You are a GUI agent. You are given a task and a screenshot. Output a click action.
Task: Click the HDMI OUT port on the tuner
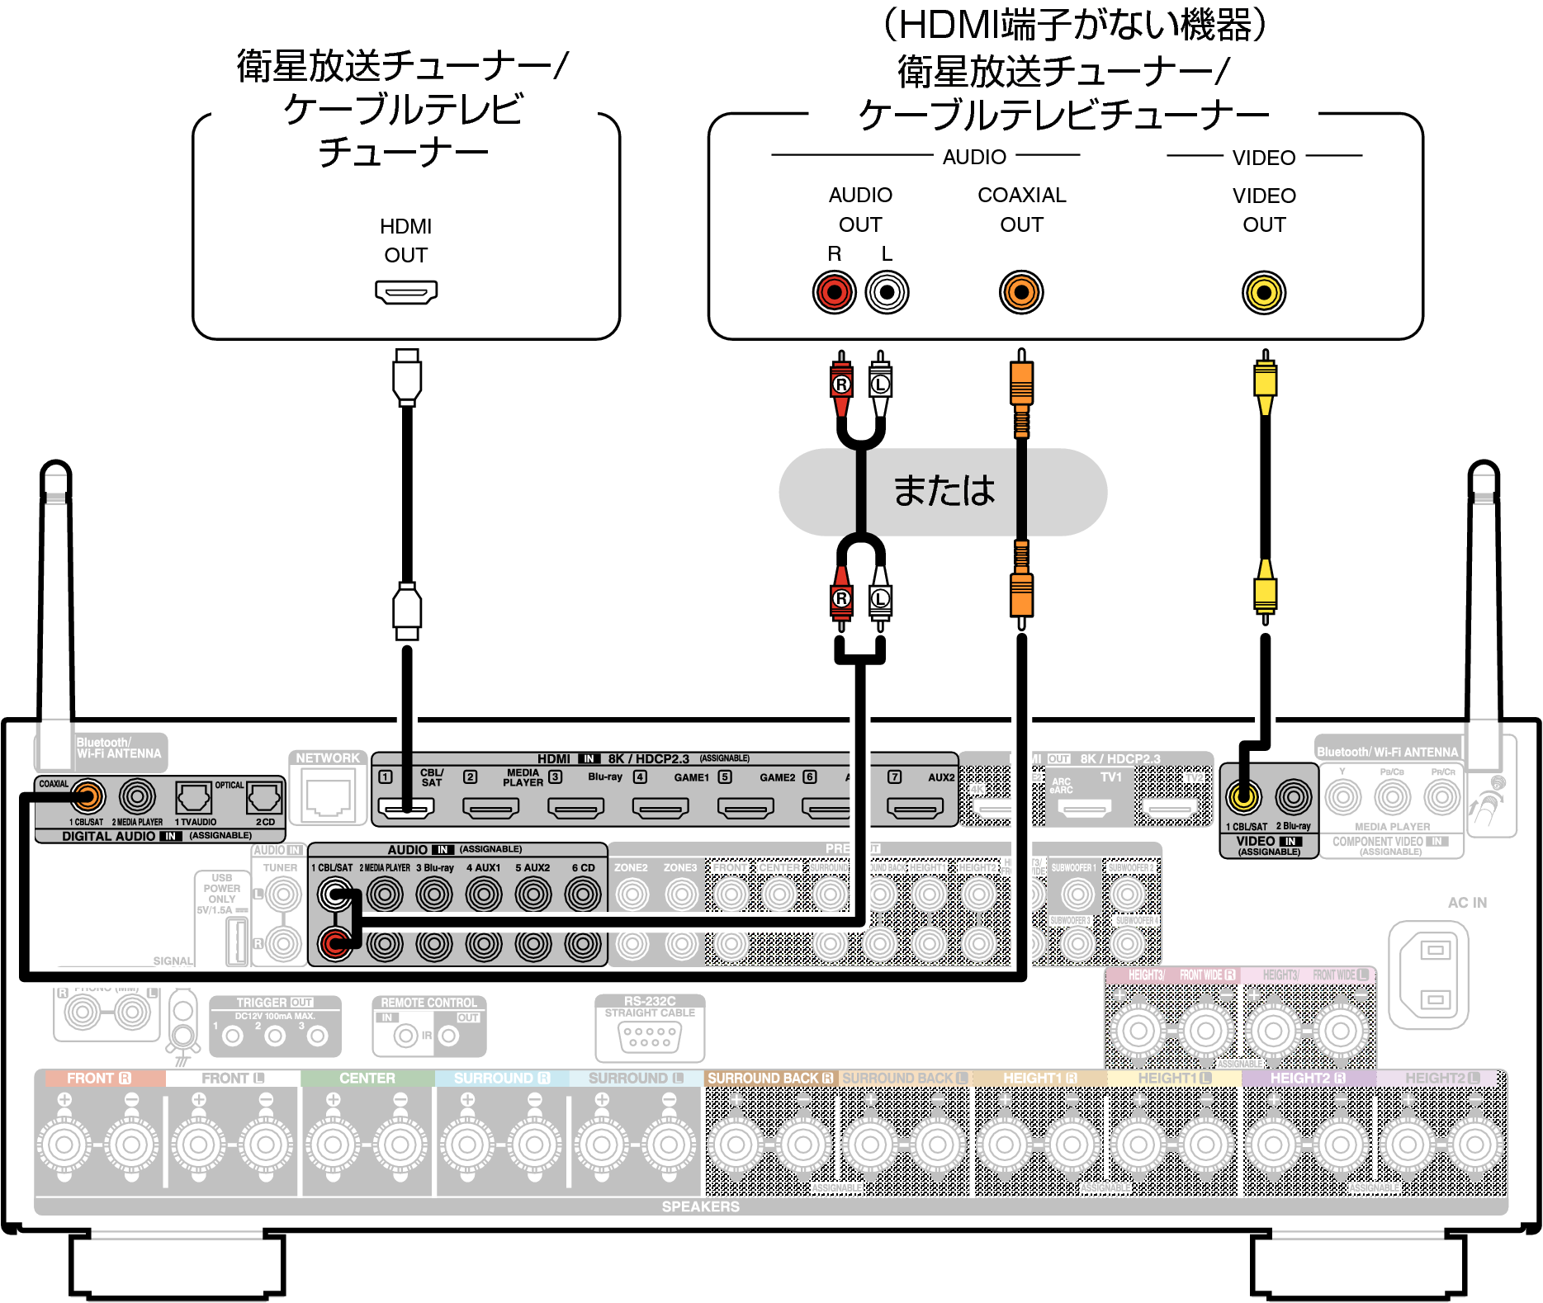[406, 292]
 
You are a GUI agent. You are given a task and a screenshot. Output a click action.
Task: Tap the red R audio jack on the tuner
[834, 292]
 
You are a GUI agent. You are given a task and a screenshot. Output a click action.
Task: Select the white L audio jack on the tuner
[887, 292]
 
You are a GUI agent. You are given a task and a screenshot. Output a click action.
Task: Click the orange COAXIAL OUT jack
[1021, 292]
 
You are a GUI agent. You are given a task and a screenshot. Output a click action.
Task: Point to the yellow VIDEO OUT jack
[1264, 292]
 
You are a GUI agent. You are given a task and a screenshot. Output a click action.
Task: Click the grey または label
[943, 492]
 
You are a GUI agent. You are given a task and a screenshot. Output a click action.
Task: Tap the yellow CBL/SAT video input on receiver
[1243, 796]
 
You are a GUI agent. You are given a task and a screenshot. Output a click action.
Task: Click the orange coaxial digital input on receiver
[88, 796]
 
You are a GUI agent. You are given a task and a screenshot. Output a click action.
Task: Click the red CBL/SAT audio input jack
[334, 944]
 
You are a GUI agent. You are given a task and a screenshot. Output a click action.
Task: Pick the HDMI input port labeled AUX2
[915, 808]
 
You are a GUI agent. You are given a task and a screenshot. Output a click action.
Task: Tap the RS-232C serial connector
[650, 1036]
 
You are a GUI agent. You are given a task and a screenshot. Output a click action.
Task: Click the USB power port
[238, 940]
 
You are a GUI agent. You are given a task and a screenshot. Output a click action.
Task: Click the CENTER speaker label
[367, 1079]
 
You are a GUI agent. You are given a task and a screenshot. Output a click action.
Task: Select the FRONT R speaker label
[99, 1079]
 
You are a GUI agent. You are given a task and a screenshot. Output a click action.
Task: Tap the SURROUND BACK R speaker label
[769, 1079]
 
